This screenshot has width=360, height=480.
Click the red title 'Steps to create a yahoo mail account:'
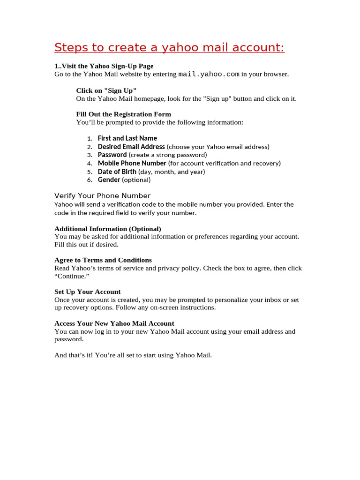pyautogui.click(x=169, y=48)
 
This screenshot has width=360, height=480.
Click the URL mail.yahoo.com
pyautogui.click(x=209, y=74)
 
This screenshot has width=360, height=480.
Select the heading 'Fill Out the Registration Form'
pyautogui.click(x=123, y=114)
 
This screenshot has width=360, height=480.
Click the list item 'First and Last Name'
pyautogui.click(x=127, y=138)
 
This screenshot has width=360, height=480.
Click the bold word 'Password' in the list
pyautogui.click(x=112, y=155)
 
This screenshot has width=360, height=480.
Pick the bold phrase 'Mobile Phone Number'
pyautogui.click(x=132, y=163)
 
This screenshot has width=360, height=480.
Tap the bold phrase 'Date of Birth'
pyautogui.click(x=117, y=172)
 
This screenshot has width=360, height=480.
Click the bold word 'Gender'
pyautogui.click(x=109, y=180)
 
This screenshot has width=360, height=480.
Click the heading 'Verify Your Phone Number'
pyautogui.click(x=102, y=196)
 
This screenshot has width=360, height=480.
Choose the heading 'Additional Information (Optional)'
pyautogui.click(x=108, y=229)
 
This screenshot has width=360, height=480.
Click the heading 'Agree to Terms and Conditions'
pyautogui.click(x=103, y=260)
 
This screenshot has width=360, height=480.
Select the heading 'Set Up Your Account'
pyautogui.click(x=87, y=292)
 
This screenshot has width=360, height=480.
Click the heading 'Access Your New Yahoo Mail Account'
pyautogui.click(x=114, y=323)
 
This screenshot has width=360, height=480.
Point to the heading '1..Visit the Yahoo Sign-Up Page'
pyautogui.click(x=104, y=66)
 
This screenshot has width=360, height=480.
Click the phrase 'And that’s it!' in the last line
pyautogui.click(x=74, y=355)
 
